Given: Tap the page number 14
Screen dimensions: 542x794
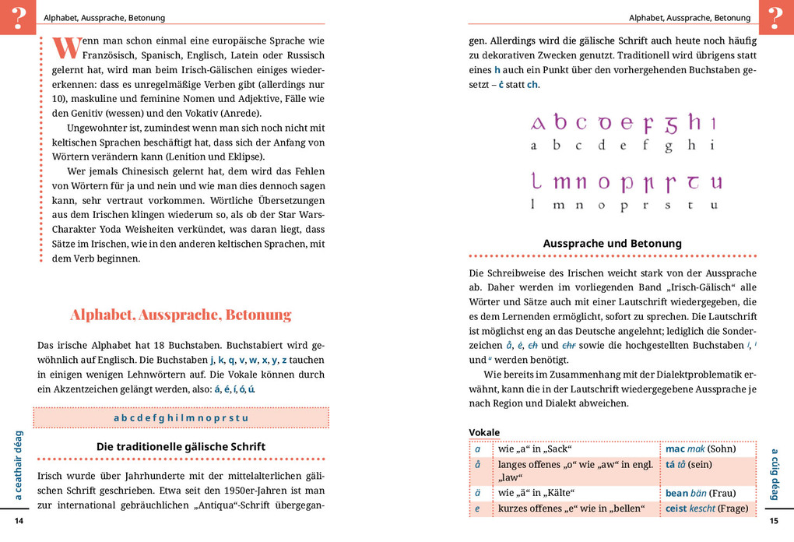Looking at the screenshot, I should pyautogui.click(x=19, y=521).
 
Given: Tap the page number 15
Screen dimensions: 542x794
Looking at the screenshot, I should pyautogui.click(x=774, y=521).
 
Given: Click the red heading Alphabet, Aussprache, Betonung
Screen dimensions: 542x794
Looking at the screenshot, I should pyautogui.click(x=181, y=315).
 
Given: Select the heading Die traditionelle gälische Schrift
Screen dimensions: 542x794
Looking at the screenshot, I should pyautogui.click(x=181, y=447).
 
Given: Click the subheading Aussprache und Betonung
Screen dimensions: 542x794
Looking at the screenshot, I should pyautogui.click(x=612, y=244).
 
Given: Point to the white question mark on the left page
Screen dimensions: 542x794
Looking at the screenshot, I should pyautogui.click(x=18, y=16).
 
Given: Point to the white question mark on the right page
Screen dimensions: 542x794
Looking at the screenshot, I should pyautogui.click(x=775, y=16).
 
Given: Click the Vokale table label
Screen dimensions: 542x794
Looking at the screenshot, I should pyautogui.click(x=484, y=433).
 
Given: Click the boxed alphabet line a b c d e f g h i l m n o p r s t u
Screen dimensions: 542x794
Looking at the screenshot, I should pyautogui.click(x=181, y=418).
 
